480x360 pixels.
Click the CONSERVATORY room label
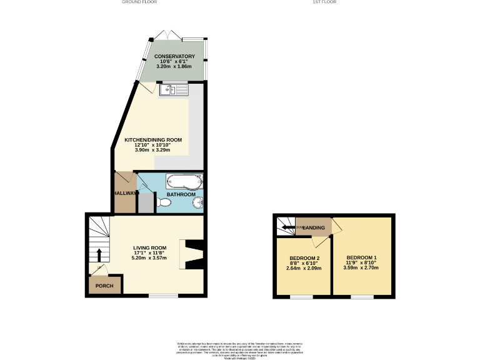point(175,56)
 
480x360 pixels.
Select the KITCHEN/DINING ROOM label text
point(153,140)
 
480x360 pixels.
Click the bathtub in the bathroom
point(184,182)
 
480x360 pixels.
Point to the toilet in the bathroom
point(164,202)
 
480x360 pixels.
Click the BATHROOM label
point(181,194)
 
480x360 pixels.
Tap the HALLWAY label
point(124,193)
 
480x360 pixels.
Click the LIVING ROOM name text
point(149,247)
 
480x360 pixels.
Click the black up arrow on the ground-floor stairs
point(98,255)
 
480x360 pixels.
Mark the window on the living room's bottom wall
point(163,296)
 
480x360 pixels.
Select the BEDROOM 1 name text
point(362,258)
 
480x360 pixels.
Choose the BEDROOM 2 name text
point(304,259)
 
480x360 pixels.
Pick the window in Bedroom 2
point(301,296)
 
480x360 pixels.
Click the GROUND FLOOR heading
point(139,2)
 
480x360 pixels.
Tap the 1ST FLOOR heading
point(324,2)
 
